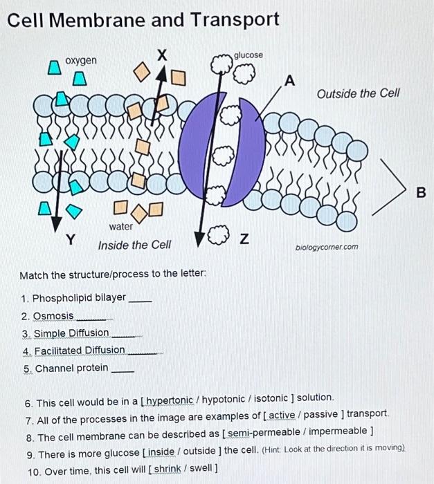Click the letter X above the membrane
[162, 54]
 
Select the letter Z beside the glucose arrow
[243, 239]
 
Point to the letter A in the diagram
[291, 81]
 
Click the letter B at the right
[422, 193]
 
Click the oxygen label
[81, 61]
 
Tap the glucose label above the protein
[248, 55]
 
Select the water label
[120, 227]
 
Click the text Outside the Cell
[358, 93]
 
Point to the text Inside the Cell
[134, 245]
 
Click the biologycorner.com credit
[327, 246]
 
